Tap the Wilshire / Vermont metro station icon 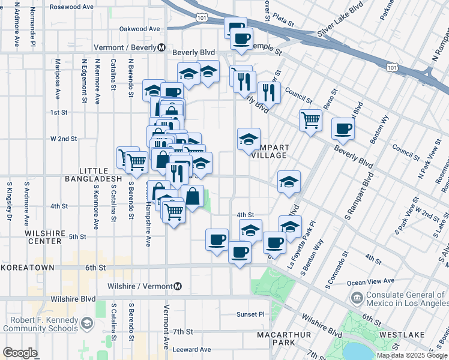[178, 286]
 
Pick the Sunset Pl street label [250, 314]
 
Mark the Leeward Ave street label [191, 349]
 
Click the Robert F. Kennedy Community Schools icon [87, 324]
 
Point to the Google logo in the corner [20, 353]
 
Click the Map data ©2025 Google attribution [411, 355]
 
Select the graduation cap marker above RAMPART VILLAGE [249, 139]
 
